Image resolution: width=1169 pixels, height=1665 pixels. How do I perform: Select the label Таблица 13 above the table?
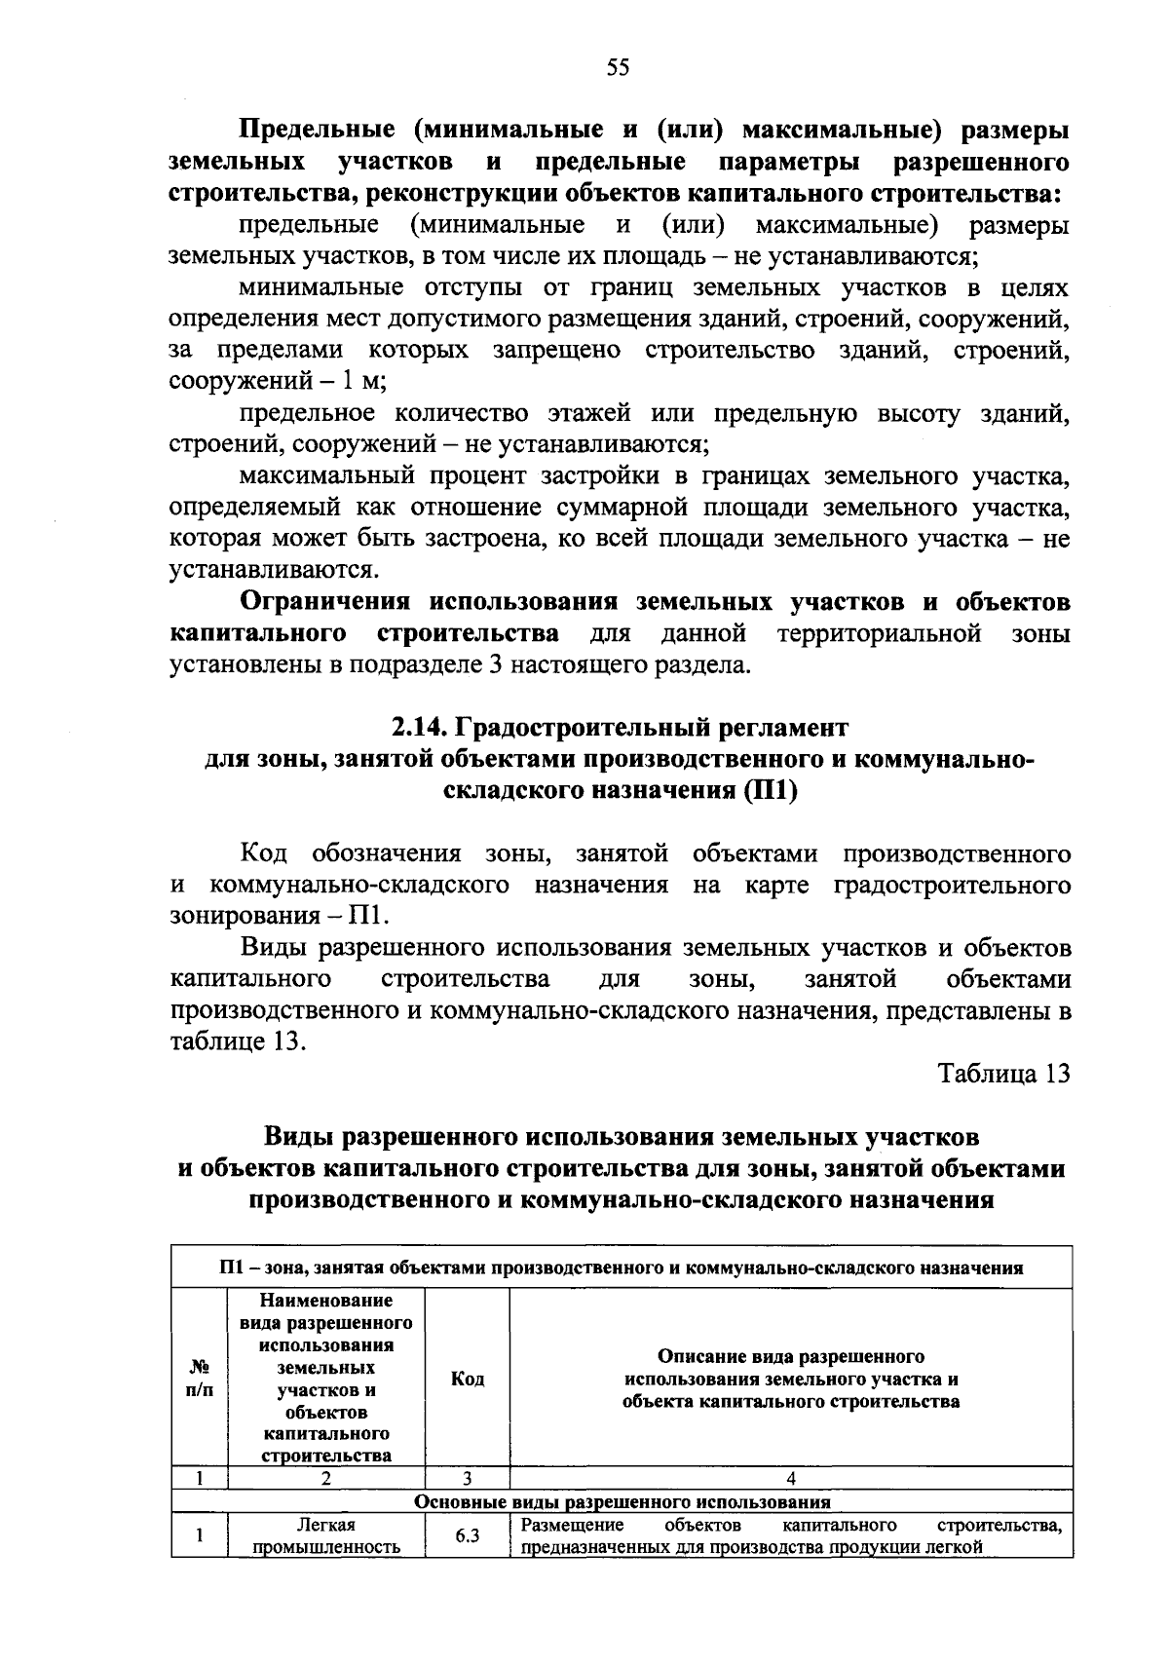point(1003,1074)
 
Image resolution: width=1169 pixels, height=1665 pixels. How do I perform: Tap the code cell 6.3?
point(468,1536)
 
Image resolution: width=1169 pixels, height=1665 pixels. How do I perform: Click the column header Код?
point(468,1379)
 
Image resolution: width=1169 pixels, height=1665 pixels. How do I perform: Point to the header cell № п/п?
point(199,1379)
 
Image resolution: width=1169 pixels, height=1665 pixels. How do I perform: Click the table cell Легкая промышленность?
point(326,1536)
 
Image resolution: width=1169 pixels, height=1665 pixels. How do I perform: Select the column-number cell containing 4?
point(790,1478)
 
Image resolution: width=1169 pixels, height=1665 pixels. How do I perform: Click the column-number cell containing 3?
point(468,1478)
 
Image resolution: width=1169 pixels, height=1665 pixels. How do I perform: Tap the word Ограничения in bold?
point(326,602)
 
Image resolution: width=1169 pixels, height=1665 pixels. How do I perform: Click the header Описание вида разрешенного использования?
point(790,1379)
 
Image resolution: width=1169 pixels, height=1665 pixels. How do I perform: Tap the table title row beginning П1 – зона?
point(622,1268)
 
